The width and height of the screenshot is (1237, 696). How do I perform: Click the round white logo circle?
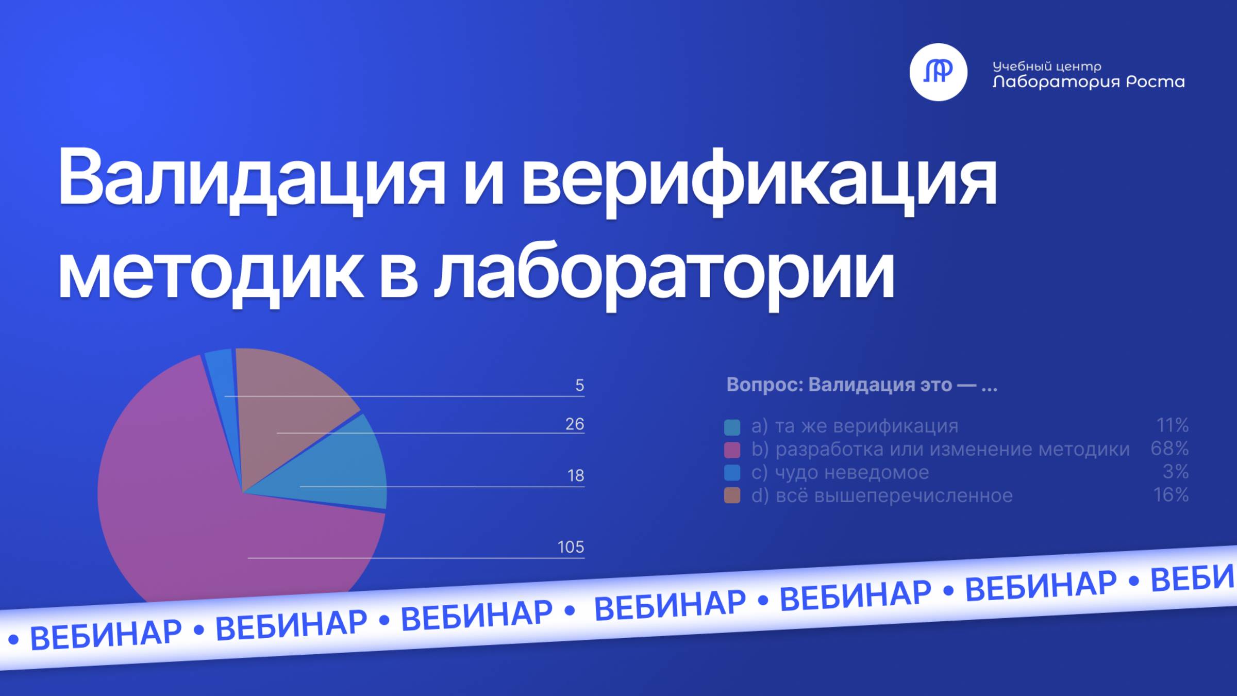[x=938, y=72]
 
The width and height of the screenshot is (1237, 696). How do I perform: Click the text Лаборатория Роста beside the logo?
[x=1088, y=82]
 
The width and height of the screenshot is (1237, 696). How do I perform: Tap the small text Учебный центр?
[x=1046, y=66]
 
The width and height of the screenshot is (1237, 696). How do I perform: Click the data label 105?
[x=570, y=547]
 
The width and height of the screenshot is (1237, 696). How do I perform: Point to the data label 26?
[x=574, y=424]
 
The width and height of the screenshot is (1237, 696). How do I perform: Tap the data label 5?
[x=579, y=386]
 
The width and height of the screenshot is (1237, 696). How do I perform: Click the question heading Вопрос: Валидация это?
[x=861, y=385]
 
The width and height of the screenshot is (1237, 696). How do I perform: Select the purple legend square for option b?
[x=732, y=450]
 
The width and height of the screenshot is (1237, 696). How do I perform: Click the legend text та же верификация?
[x=866, y=426]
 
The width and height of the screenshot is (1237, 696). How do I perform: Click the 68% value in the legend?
[x=1169, y=449]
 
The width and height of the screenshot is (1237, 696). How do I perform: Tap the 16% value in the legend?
[x=1171, y=495]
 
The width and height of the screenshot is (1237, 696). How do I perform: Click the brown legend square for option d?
[x=732, y=495]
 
